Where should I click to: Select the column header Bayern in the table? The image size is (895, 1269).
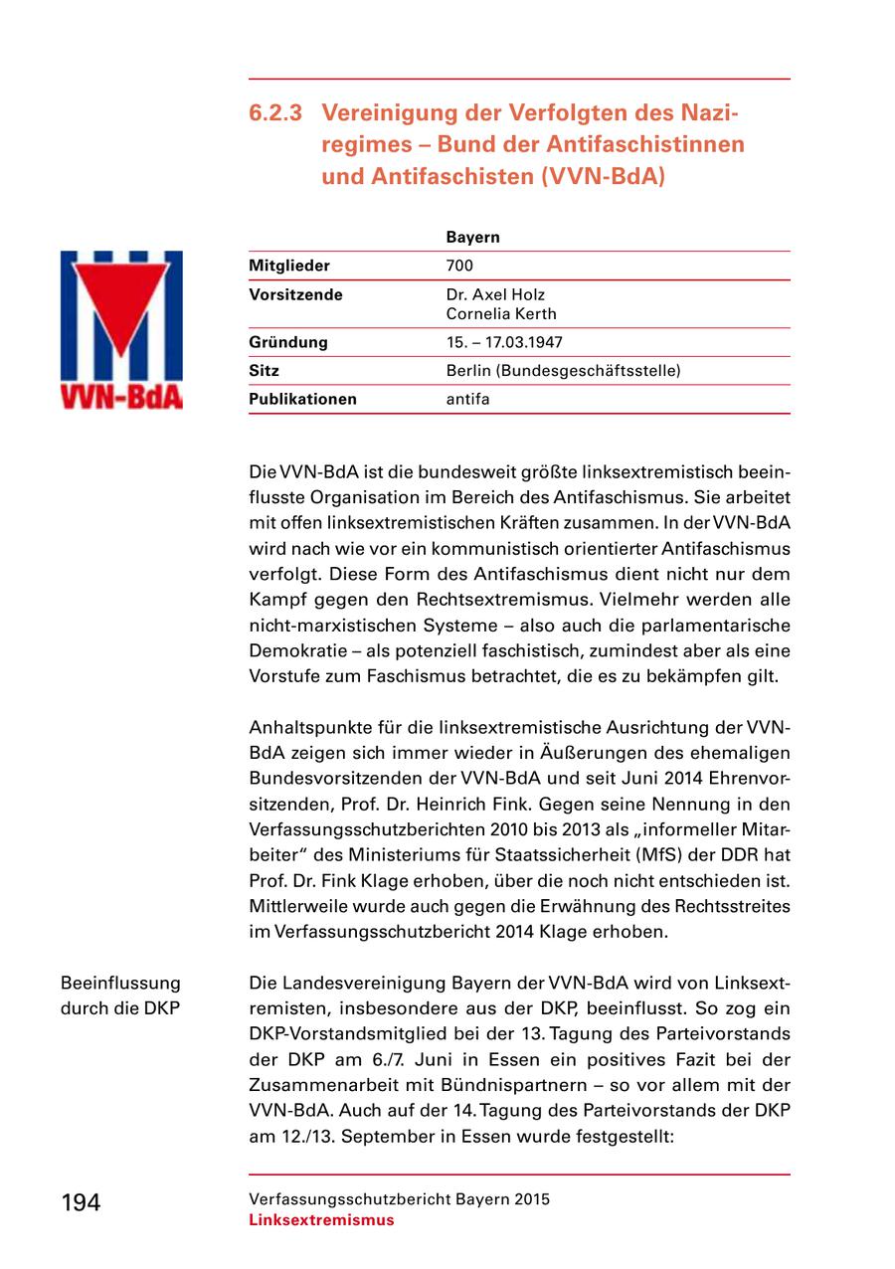point(472,238)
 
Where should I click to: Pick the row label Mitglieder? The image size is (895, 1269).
point(288,266)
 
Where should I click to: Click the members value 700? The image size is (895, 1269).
point(459,266)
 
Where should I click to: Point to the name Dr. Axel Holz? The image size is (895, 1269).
point(495,295)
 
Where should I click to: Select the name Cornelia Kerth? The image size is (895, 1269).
point(500,314)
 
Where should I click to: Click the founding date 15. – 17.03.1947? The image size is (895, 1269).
point(504,342)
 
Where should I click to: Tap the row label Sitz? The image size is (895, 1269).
point(264,371)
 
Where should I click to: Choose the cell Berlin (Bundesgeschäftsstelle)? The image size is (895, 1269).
point(563,371)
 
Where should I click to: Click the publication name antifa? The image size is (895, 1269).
point(467,400)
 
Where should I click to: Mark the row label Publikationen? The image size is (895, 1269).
point(302,400)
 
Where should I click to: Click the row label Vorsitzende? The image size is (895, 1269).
point(295,295)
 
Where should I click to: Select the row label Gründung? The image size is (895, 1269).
point(287,342)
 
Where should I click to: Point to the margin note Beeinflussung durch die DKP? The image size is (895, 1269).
point(121,996)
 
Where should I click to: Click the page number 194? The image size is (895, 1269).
point(81,1202)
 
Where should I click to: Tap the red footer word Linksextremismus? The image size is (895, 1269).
point(321,1220)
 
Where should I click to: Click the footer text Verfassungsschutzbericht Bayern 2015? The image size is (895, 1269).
point(399,1199)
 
